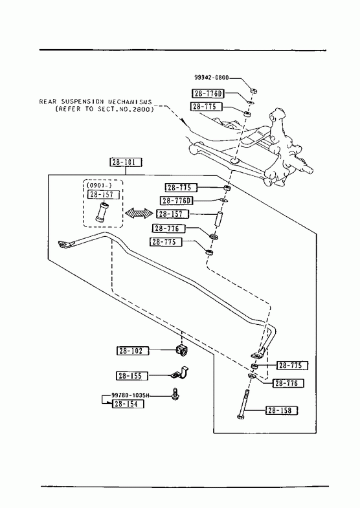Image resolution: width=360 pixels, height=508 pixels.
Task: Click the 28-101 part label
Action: (x=126, y=162)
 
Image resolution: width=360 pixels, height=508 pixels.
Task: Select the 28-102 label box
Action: (x=133, y=351)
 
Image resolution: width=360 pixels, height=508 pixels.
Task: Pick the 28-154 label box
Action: (x=128, y=404)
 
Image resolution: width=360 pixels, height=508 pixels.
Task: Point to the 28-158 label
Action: (x=282, y=410)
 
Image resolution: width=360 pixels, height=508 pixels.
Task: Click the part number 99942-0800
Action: (x=212, y=78)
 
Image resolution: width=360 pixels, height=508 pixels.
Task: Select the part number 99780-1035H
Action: (x=131, y=395)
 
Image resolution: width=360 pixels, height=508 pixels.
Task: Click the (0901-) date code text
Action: (x=99, y=185)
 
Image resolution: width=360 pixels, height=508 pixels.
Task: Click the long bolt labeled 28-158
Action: (x=243, y=404)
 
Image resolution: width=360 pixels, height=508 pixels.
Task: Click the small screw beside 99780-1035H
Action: (x=175, y=393)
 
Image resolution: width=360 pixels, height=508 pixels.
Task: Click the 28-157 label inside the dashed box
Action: (x=104, y=195)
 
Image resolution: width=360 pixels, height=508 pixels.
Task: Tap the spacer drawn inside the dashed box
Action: (x=102, y=212)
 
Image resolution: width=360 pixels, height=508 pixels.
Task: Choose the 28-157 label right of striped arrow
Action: (x=173, y=214)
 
